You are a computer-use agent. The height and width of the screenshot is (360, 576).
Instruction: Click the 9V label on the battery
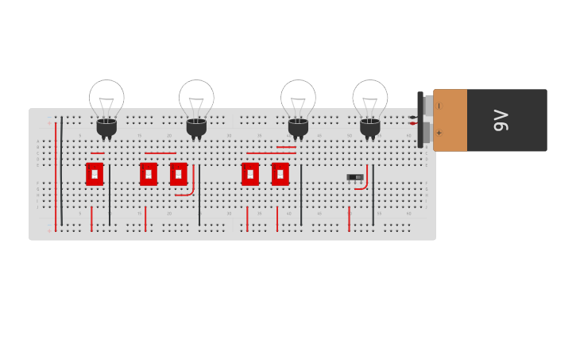coord(501,120)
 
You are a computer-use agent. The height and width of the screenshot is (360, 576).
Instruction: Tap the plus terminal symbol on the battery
coord(439,133)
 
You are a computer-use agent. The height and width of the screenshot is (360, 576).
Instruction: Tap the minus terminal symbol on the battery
coord(439,106)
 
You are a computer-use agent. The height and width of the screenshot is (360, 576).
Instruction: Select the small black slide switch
coord(355,177)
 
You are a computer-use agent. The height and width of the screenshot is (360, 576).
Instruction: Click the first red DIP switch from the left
coord(95,174)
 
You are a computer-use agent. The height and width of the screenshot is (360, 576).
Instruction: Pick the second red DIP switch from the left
coord(149,174)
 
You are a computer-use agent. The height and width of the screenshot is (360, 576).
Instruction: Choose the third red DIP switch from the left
coord(178,174)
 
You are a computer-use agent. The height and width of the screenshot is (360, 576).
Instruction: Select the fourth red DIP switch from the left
coord(250,174)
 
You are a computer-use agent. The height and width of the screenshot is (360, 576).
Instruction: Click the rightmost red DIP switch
coord(280,174)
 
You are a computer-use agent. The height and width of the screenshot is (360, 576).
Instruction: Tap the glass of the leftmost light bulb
coord(106,98)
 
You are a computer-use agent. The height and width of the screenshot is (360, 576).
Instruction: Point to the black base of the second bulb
coord(196,127)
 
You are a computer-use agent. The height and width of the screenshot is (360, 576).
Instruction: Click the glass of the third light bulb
coord(298,98)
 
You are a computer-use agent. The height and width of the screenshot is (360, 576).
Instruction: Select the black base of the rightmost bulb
coord(370,127)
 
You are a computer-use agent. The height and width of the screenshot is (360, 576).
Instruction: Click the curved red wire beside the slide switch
coord(365,183)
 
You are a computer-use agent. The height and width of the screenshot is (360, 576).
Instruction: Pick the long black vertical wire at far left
coord(62,171)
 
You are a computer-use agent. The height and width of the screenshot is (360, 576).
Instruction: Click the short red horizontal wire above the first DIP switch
coord(97,153)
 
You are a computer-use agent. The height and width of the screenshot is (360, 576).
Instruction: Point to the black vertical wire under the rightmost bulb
coord(373,195)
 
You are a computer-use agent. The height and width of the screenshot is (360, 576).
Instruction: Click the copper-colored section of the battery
coord(450,120)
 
